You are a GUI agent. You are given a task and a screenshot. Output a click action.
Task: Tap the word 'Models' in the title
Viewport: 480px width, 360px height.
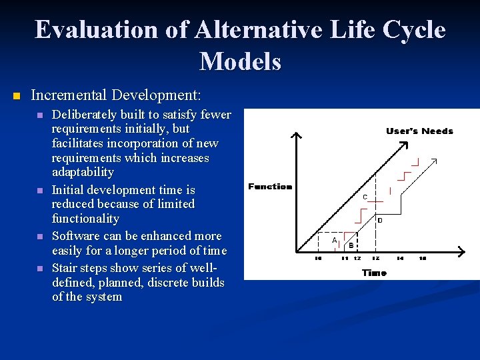[x=240, y=61]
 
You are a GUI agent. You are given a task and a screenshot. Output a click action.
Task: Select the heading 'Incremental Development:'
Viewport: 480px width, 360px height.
[x=116, y=95]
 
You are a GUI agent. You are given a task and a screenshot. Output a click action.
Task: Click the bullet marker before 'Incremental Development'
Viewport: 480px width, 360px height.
[x=17, y=96]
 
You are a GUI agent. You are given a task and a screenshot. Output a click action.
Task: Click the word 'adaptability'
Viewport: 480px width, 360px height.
[x=83, y=173]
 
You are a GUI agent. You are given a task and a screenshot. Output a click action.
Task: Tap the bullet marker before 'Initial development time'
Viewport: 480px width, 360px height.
[x=39, y=191]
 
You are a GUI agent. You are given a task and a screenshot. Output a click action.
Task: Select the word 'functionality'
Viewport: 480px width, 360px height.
[x=85, y=219]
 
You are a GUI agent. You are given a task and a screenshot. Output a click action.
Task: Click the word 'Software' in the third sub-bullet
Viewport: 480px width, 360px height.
[x=75, y=236]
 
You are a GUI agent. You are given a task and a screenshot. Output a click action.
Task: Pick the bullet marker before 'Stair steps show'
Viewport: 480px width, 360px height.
[x=39, y=269]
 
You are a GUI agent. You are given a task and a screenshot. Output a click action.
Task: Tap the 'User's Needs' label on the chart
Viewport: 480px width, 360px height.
[x=419, y=131]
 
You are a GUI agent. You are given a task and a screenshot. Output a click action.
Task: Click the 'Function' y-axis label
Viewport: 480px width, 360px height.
[x=270, y=187]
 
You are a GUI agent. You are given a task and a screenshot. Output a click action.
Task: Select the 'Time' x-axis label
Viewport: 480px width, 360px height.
[x=374, y=273]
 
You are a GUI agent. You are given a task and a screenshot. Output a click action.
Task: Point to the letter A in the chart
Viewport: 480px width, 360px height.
[x=335, y=240]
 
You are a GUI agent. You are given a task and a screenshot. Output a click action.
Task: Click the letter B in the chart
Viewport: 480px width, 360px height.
[x=351, y=245]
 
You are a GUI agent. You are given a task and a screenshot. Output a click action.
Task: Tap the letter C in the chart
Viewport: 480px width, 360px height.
[x=365, y=197]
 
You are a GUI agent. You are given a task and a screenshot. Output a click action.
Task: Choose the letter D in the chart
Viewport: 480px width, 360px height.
[x=380, y=220]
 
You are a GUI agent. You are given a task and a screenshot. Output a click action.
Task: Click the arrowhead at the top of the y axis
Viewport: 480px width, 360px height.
[x=297, y=135]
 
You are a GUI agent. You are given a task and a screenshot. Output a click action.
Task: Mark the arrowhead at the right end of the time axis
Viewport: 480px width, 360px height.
[x=463, y=251]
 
